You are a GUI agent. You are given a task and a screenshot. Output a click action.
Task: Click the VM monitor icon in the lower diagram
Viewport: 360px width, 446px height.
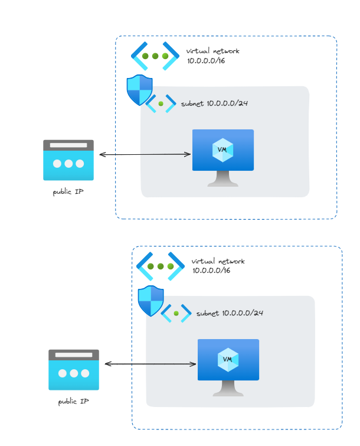point(228,367)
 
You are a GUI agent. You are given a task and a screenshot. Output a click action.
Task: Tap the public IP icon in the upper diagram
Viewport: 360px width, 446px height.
point(68,160)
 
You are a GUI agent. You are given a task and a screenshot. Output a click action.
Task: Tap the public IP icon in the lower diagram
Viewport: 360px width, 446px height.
point(74,369)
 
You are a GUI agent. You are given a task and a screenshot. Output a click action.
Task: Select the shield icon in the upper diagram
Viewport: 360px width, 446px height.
point(139,90)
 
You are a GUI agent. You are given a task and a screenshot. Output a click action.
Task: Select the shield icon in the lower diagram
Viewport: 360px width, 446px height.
point(150,301)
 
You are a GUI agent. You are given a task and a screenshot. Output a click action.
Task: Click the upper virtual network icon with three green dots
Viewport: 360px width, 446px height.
point(155,56)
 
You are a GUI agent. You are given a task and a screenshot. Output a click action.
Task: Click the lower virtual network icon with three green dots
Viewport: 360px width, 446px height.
point(161,266)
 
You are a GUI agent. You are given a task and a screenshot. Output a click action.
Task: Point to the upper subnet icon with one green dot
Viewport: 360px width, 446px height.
point(161,103)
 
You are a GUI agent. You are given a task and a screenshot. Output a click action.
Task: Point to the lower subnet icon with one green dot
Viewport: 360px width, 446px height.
point(176,313)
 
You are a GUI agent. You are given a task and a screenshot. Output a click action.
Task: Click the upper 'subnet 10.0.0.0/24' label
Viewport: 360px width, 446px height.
point(214,103)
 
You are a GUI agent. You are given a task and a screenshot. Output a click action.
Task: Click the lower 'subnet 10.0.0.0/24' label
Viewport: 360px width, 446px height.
point(230,313)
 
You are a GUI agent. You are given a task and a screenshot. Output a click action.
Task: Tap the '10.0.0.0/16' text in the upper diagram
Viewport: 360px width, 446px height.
point(206,61)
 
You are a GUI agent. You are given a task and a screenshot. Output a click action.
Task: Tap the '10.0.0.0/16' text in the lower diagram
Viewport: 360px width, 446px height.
point(211,270)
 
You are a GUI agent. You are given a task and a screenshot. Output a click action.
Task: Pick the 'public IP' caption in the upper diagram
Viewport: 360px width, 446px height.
point(68,192)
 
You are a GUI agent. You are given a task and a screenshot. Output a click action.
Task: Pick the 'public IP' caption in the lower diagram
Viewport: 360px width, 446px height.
point(74,402)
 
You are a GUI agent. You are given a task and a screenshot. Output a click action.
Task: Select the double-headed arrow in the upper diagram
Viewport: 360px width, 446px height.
point(145,154)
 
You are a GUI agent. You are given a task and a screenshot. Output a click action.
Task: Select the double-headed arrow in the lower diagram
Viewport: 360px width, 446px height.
point(150,364)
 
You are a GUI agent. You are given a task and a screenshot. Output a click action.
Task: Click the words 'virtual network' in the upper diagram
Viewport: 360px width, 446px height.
point(213,51)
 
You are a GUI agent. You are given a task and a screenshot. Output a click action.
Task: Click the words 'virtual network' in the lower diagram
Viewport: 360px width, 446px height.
point(218,261)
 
